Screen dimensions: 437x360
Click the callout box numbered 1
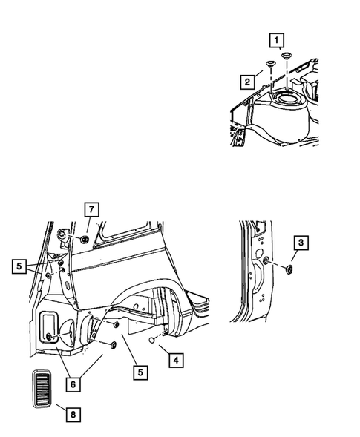tap(276, 39)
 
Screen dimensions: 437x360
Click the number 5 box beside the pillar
tap(19, 263)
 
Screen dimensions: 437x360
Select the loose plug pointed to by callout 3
tap(289, 269)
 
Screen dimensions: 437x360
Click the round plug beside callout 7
tap(84, 238)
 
